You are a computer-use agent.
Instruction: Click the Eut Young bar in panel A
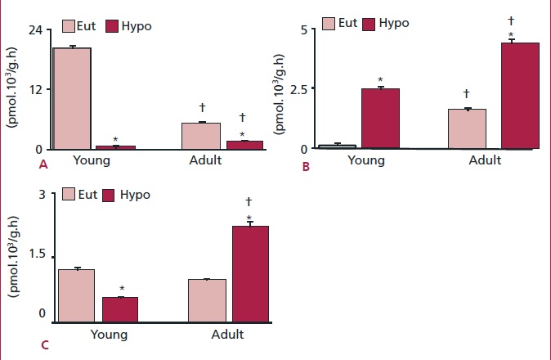(73, 98)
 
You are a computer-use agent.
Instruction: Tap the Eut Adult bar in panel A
(200, 136)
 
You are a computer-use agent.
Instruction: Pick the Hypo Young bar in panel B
(380, 119)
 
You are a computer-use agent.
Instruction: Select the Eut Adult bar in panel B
(467, 128)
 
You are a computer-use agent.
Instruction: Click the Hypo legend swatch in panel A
(110, 27)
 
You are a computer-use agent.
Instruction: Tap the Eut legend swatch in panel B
(330, 23)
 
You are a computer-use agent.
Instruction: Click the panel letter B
(305, 167)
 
